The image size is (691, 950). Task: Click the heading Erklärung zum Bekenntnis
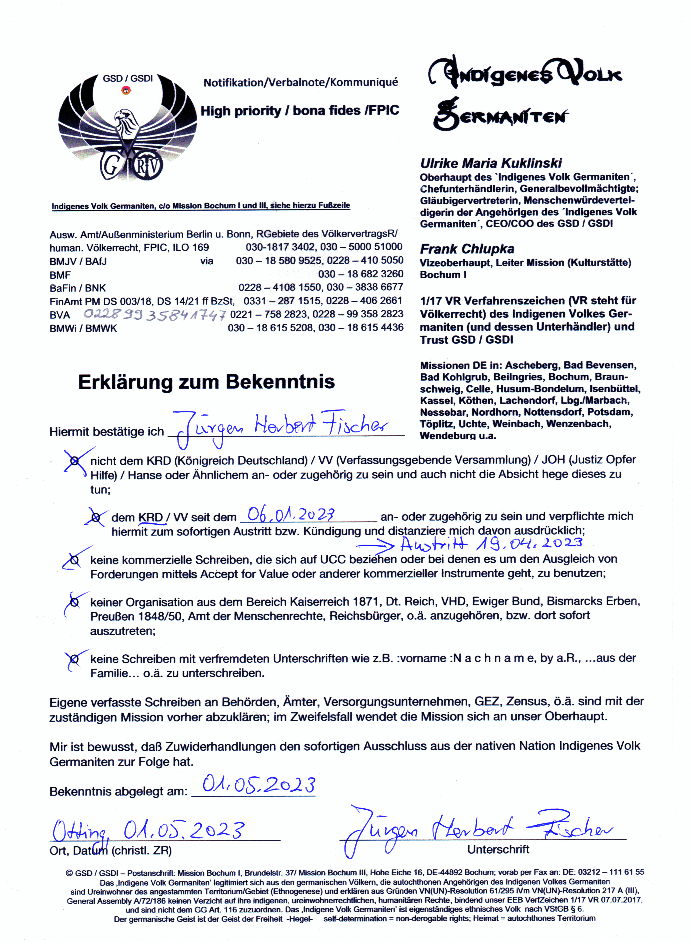point(206,382)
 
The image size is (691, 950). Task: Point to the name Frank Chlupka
point(467,249)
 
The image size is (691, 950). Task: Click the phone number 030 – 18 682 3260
point(361,274)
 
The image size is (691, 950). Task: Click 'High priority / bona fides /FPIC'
point(299,111)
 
